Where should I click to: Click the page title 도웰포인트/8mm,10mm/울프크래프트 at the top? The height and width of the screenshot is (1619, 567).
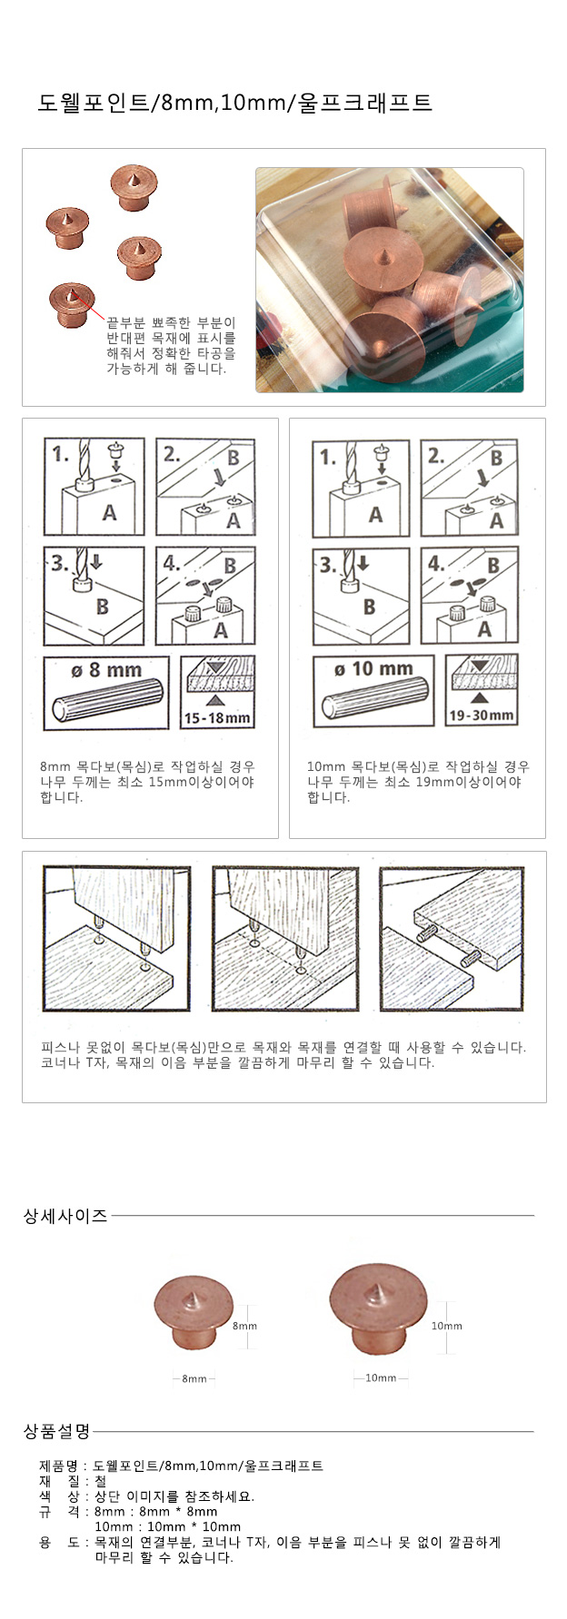pyautogui.click(x=234, y=103)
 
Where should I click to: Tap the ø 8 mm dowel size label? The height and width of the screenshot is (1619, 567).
pyautogui.click(x=106, y=671)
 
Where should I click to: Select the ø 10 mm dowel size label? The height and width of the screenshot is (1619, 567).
pyautogui.click(x=373, y=669)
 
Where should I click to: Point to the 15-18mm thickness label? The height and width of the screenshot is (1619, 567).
pyautogui.click(x=216, y=718)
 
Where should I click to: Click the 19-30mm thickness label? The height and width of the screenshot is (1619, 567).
pyautogui.click(x=482, y=716)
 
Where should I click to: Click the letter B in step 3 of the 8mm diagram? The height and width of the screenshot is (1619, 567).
pyautogui.click(x=102, y=606)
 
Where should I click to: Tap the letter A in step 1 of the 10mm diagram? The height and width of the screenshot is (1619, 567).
pyautogui.click(x=375, y=515)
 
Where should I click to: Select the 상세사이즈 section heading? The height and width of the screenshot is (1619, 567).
pyautogui.click(x=65, y=1216)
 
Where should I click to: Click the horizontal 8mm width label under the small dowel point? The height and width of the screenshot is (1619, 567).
pyautogui.click(x=194, y=1379)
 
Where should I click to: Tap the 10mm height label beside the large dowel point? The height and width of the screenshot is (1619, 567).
pyautogui.click(x=446, y=1326)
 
